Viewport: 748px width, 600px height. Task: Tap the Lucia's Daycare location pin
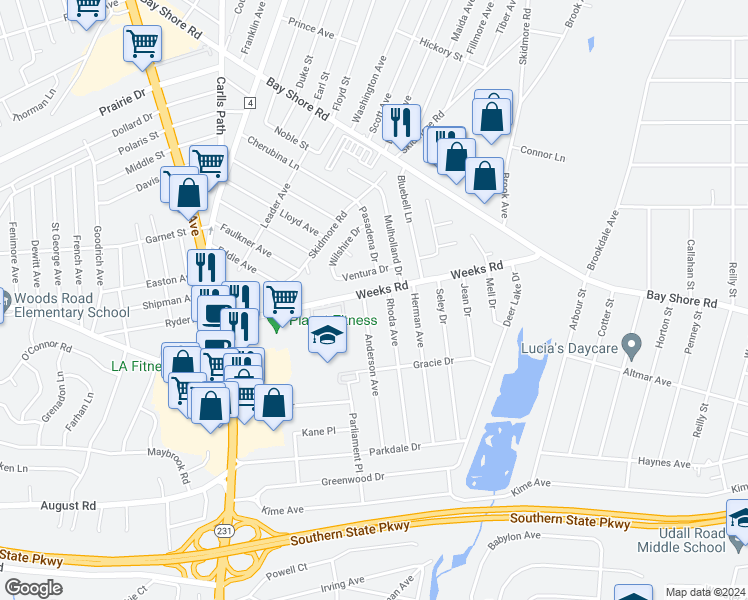(630, 347)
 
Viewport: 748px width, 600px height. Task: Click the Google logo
(33, 588)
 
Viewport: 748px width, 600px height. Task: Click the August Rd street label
(68, 506)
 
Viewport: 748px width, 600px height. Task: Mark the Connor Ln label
(543, 153)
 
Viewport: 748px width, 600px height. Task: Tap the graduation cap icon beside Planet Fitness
(327, 336)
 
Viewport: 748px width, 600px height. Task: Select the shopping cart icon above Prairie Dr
(143, 44)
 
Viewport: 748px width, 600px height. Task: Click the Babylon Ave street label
(514, 541)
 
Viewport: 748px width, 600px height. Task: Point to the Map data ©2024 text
(705, 592)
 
